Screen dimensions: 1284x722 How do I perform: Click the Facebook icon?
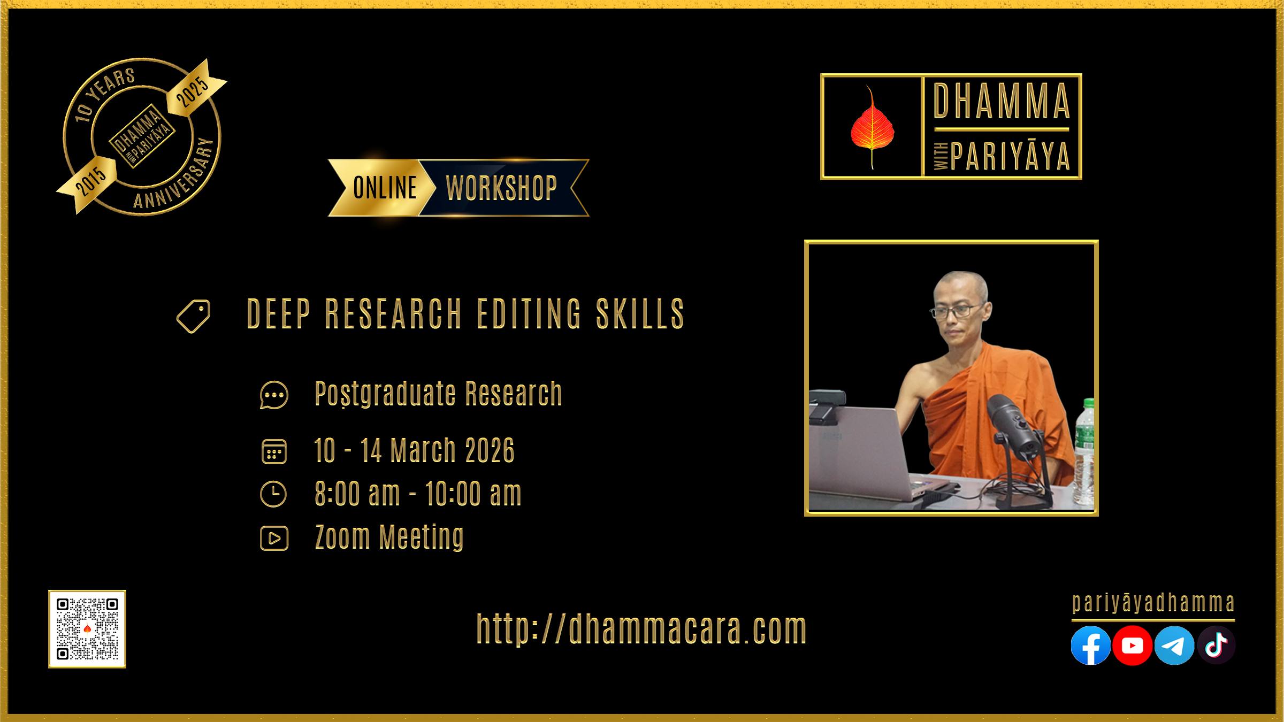[x=1090, y=646]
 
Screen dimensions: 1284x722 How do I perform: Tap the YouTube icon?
[x=1132, y=646]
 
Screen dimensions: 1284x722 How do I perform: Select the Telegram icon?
[x=1174, y=646]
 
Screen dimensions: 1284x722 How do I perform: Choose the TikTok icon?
[x=1216, y=646]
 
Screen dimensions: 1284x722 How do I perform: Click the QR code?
[x=87, y=629]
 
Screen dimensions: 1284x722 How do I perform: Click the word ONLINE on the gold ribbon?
[x=385, y=188]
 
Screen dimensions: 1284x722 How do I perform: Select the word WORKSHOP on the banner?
[x=502, y=188]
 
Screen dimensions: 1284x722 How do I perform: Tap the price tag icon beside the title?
[x=193, y=316]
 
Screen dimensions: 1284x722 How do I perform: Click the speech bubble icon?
[x=274, y=395]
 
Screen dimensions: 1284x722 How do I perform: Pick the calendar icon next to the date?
[x=274, y=451]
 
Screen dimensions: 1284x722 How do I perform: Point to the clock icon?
[x=273, y=494]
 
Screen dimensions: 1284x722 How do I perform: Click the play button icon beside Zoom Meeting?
[x=274, y=538]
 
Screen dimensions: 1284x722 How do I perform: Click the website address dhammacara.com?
[x=641, y=629]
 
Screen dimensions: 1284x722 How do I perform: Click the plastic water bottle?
[x=1084, y=452]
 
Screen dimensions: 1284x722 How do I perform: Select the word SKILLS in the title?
[x=640, y=314]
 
